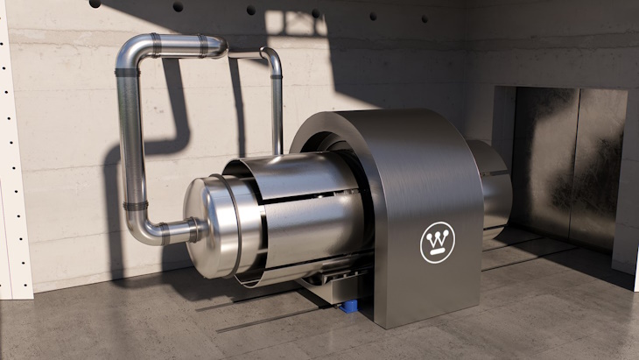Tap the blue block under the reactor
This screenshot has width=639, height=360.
[349, 304]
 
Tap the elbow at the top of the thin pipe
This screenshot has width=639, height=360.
[272, 59]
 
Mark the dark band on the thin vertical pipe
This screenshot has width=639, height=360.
[277, 77]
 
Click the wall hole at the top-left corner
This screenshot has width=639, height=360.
[94, 4]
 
